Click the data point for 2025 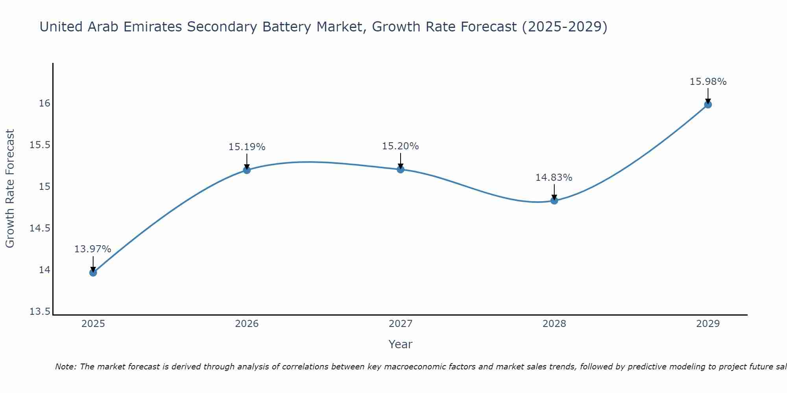93,272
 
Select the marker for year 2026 247,170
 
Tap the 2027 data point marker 401,169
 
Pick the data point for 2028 554,200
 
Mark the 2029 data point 708,105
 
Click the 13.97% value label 93,249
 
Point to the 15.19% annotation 247,147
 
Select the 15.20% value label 401,146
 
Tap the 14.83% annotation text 554,178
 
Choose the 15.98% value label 708,82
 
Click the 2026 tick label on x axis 247,324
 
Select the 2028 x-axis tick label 554,324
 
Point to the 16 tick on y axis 44,103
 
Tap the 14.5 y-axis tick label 40,228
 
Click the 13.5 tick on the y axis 40,312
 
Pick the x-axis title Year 401,344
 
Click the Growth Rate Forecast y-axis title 10,189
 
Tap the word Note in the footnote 65,367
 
